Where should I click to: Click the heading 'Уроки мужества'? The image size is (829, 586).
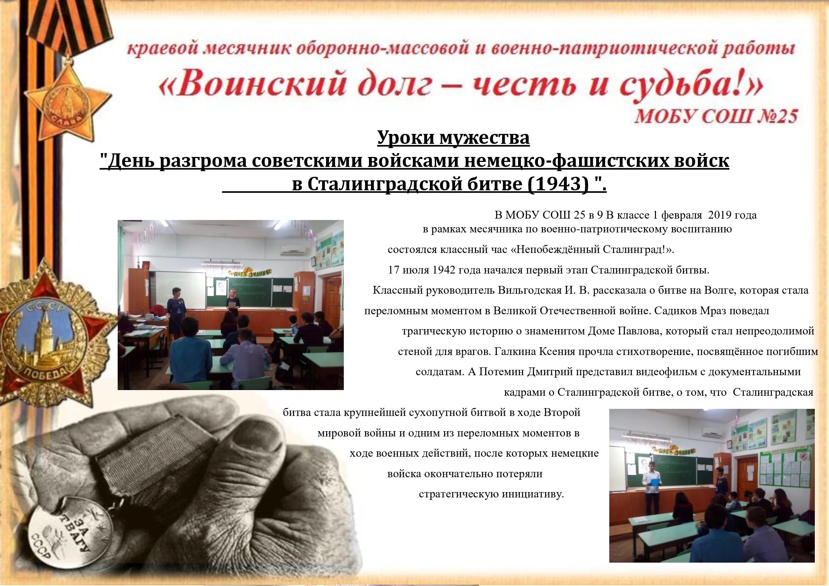click(453, 137)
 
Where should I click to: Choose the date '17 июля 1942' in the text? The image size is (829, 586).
click(421, 270)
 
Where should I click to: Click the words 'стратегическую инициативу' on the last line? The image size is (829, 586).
click(491, 494)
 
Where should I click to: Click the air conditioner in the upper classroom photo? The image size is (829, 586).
click(293, 249)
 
